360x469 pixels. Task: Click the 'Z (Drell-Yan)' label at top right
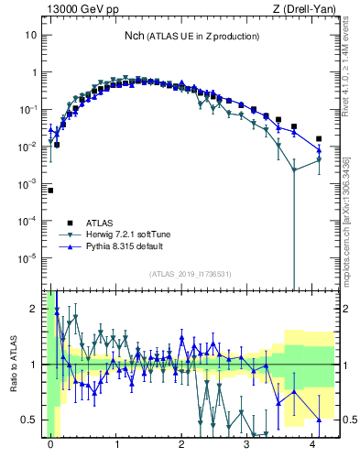(x=304, y=9)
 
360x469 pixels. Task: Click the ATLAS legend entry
(x=100, y=223)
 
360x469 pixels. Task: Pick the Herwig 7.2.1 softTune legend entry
(x=129, y=234)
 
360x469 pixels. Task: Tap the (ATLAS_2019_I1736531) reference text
(x=191, y=274)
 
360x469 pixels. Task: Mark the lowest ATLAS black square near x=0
(x=50, y=191)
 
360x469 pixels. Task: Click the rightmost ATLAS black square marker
(x=319, y=139)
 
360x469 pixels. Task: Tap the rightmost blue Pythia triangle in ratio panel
(x=319, y=420)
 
